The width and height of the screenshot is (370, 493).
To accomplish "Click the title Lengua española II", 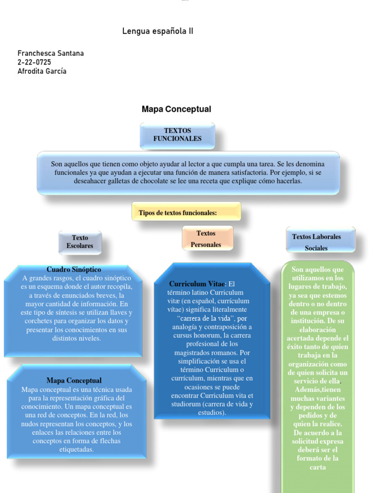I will (158, 32).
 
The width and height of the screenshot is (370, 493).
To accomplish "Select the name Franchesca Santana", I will (51, 53).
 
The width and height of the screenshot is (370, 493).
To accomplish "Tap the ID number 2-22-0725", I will (34, 62).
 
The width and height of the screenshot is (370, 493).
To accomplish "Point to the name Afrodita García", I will (42, 71).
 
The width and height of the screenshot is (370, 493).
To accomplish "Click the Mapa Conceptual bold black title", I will (176, 109).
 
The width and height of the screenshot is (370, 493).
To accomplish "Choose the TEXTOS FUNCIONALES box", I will (177, 135).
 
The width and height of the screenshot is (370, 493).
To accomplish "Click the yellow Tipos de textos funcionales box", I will (186, 212).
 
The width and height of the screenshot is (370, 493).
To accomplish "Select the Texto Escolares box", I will (80, 242).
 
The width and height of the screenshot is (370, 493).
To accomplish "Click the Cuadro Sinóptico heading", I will (74, 270).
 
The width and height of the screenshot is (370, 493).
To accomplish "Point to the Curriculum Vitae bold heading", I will (197, 284).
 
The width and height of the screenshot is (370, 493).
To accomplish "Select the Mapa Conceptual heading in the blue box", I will (74, 380).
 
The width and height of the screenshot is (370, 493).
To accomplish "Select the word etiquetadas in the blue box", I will (77, 450).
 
